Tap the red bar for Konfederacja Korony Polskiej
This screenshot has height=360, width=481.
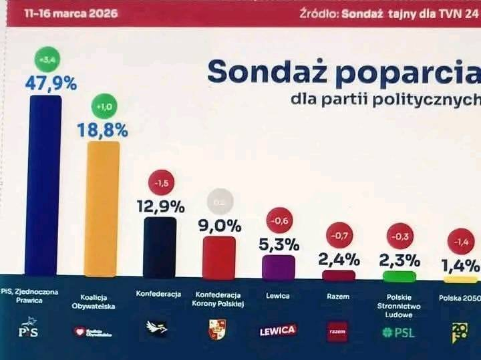218,257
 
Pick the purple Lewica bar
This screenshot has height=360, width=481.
279,266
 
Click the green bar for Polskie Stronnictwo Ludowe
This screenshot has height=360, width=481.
399,276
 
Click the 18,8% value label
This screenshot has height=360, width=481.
103,129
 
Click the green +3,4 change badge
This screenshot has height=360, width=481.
47,60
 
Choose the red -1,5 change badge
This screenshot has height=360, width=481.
160,182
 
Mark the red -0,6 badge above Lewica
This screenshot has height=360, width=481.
279,219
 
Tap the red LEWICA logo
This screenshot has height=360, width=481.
278,330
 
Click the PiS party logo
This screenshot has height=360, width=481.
29,331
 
